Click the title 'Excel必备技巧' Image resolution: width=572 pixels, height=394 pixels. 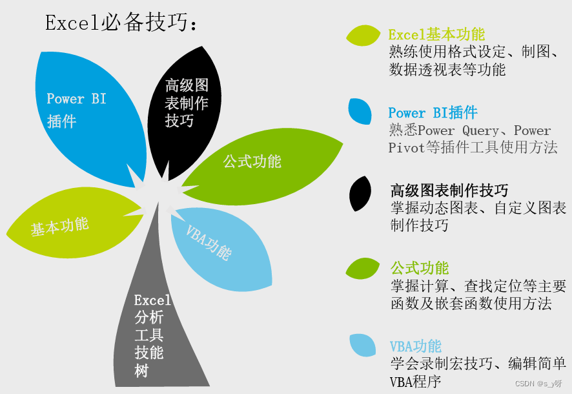(121, 23)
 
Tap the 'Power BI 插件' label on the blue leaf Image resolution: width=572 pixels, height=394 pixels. (76, 109)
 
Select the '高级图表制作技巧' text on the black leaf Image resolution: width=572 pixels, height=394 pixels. (187, 103)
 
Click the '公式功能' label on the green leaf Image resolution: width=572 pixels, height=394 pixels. (252, 161)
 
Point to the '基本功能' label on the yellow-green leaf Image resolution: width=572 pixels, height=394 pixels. (59, 226)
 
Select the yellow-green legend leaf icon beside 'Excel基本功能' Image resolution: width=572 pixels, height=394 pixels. (363, 36)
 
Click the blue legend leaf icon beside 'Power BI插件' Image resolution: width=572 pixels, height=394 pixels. (360, 111)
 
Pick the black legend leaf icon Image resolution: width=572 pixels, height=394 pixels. (360, 194)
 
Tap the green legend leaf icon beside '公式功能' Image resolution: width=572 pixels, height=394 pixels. (363, 267)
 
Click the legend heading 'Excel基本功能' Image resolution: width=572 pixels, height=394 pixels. (436, 34)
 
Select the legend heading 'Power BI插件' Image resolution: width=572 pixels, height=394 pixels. (433, 112)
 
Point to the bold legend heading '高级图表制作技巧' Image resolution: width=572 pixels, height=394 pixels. (449, 191)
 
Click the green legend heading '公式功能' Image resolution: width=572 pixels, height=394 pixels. (420, 267)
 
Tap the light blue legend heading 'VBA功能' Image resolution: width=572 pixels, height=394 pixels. (416, 346)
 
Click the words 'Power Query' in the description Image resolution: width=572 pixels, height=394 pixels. (459, 130)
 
